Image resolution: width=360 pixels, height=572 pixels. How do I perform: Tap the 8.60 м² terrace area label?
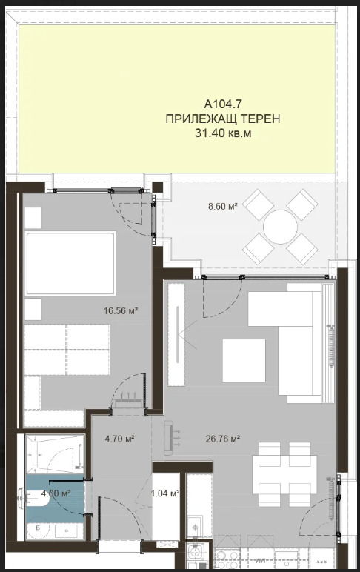tap(222, 207)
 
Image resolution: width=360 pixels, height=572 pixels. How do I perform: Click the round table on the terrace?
tap(281, 225)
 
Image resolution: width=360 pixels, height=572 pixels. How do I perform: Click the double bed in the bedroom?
tap(70, 263)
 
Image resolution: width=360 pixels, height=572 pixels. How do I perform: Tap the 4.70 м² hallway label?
tap(119, 439)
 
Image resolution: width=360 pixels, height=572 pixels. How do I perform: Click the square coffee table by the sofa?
tap(244, 360)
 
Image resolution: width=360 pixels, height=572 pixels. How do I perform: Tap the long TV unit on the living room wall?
tap(176, 335)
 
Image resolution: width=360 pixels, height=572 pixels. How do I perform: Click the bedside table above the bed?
tap(33, 217)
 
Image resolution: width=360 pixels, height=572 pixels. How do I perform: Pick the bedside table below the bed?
tap(33, 307)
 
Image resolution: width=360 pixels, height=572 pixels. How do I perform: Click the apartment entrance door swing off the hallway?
tap(119, 519)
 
